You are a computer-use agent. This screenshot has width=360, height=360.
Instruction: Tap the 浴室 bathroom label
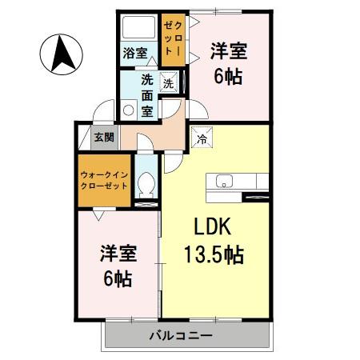coord(134,54)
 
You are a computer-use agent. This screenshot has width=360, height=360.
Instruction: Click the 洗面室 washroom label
coord(147,94)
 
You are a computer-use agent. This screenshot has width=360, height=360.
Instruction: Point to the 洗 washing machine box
coord(168,82)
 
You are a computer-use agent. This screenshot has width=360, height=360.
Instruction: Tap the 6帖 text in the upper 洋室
coord(228,78)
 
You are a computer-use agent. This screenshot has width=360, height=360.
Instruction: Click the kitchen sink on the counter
coord(222,180)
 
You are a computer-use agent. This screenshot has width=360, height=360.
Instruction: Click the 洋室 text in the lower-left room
coord(118,254)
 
